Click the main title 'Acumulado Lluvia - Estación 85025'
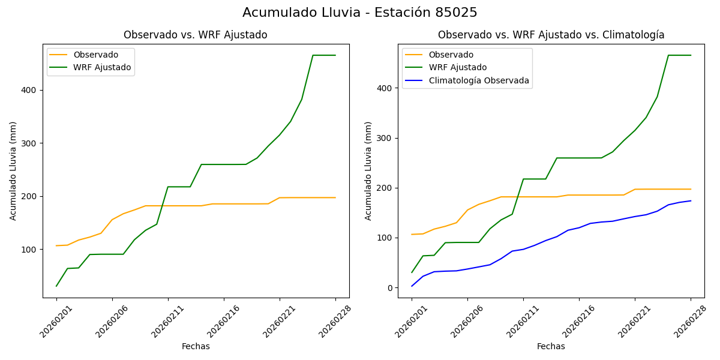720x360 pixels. tap(360, 13)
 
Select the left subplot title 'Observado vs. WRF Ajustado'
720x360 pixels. tap(196, 35)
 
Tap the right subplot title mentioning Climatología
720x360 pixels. tap(551, 35)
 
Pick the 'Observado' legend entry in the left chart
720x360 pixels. tap(96, 55)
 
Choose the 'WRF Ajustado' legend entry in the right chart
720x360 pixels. tap(457, 67)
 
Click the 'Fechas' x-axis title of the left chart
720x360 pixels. tap(196, 346)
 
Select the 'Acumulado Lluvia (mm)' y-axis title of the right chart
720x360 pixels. tap(368, 170)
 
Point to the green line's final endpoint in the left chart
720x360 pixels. tap(335, 55)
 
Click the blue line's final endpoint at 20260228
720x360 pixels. tap(691, 201)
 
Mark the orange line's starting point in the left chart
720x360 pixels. tap(56, 245)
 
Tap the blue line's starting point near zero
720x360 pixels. tap(412, 286)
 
